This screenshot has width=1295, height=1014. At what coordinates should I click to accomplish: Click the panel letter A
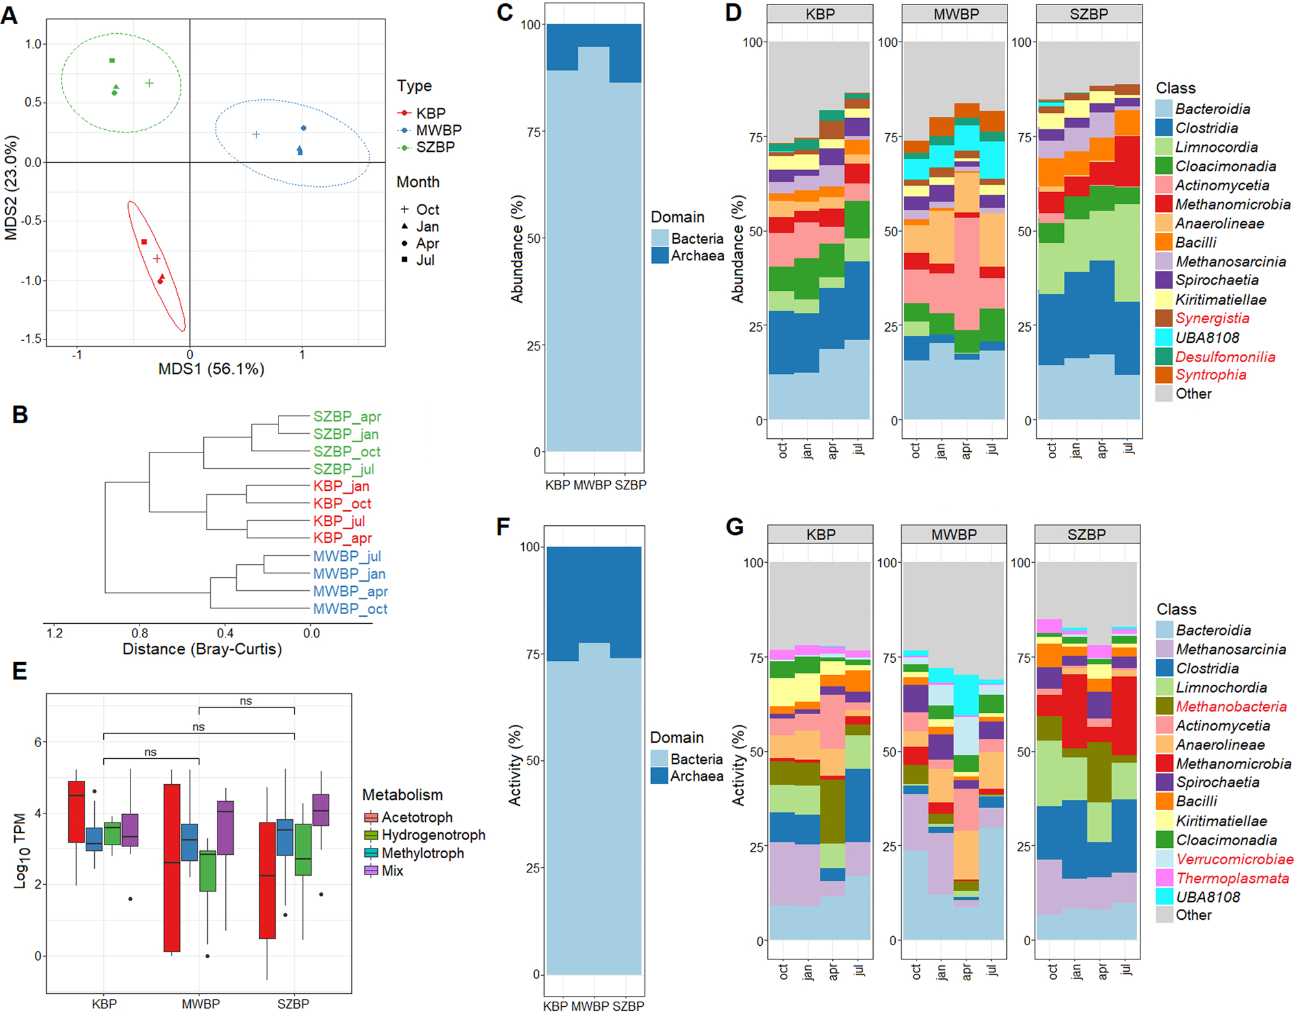[9, 14]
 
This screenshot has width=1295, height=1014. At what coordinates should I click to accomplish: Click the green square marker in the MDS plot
[112, 60]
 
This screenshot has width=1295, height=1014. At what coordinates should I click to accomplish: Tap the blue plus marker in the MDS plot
[256, 134]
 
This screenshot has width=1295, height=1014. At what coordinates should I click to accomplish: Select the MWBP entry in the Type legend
[438, 130]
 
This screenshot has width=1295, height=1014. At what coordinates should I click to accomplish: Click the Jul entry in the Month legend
[425, 260]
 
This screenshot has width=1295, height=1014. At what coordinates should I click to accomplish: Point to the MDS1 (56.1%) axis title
[211, 369]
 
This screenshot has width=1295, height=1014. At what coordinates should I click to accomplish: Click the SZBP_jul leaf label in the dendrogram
[343, 469]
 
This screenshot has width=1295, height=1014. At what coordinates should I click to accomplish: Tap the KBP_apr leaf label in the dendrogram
[342, 538]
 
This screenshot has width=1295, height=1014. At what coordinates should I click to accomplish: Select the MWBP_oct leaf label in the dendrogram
[350, 609]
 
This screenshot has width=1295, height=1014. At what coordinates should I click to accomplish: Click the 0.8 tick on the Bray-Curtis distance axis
[140, 633]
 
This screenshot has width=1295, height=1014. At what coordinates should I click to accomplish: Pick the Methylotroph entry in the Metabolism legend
[422, 853]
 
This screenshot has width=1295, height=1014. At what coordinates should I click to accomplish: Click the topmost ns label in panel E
[246, 701]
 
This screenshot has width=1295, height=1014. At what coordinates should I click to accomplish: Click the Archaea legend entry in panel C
[697, 256]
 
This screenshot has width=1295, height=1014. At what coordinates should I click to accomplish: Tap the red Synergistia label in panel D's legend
[1212, 318]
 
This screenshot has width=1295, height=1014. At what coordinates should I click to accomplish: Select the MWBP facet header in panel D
[956, 14]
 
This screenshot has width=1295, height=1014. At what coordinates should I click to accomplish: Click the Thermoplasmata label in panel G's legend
[1232, 878]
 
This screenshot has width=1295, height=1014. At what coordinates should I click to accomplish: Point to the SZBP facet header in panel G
[1086, 535]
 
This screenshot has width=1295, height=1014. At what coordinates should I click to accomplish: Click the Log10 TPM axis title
[19, 850]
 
